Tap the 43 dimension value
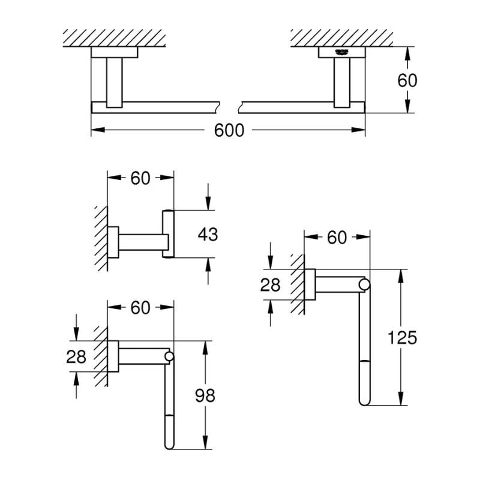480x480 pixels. pos(208,234)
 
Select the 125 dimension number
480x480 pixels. pos(402,338)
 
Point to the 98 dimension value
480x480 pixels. pos(206,395)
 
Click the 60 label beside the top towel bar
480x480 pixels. pos(407,80)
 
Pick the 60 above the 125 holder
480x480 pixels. pos(337,238)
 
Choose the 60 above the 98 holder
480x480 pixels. pos(140,308)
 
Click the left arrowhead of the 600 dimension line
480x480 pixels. pos(95,130)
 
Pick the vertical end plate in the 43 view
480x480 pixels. pos(169,234)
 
